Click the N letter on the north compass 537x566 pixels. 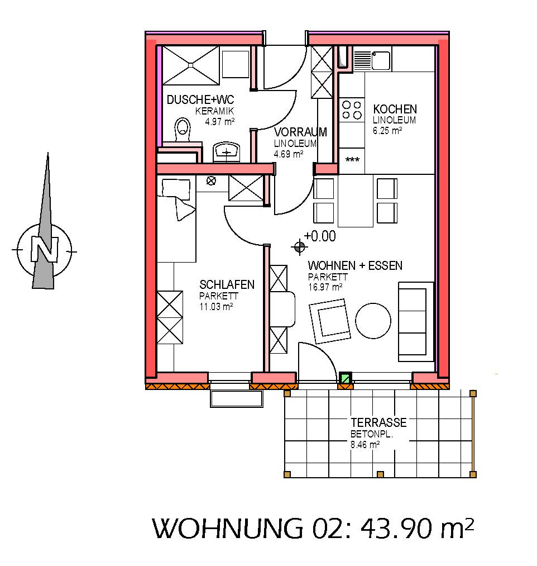coord(44,249)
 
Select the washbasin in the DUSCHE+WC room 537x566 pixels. coord(227,153)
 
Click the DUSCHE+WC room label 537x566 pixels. coord(200,99)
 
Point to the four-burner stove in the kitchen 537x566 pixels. coord(352,110)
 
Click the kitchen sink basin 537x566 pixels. coord(381,60)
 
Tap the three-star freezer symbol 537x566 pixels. coord(352,160)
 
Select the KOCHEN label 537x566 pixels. coord(395,109)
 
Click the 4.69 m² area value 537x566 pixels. coord(288,154)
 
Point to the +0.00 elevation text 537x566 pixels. coord(320,236)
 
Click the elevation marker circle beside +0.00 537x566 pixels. coord(299,248)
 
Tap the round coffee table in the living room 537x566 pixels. coord(373,321)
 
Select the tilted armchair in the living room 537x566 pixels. coord(330,321)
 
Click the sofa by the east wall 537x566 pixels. coord(416,322)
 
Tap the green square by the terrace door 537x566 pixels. coord(346,379)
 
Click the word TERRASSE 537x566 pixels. coord(378,422)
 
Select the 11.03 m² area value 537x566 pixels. coord(216,307)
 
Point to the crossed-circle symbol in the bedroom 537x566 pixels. coord(211,180)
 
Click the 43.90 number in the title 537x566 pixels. coord(396,529)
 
